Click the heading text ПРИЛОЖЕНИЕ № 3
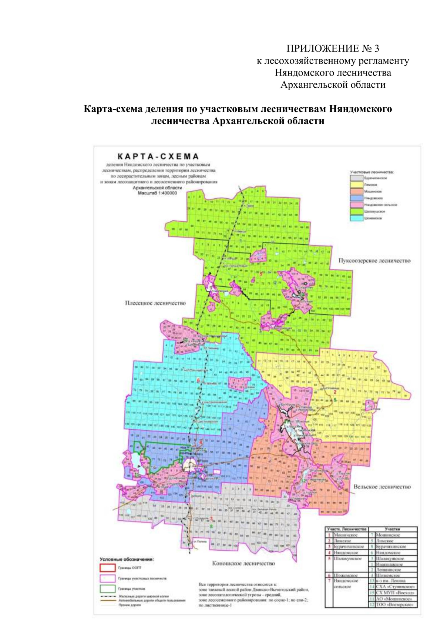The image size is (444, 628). click(x=333, y=48)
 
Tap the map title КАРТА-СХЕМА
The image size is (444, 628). click(x=158, y=157)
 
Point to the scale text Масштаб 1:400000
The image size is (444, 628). click(x=157, y=193)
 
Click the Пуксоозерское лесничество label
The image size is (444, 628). click(x=374, y=261)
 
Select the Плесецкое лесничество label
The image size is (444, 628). click(x=155, y=303)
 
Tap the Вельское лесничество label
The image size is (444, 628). click(x=382, y=487)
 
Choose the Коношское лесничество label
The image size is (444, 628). click(x=243, y=563)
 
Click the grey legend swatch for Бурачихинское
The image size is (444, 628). click(x=356, y=178)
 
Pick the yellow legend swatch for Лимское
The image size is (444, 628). click(x=356, y=185)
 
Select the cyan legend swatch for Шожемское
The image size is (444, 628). click(x=356, y=218)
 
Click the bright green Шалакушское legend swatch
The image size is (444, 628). click(x=356, y=211)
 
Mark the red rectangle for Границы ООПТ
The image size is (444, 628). click(x=107, y=568)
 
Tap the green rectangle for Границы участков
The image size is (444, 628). click(x=107, y=588)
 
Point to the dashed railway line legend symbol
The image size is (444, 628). click(x=108, y=597)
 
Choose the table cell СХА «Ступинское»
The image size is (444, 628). click(x=395, y=587)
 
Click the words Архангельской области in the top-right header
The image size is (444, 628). click(x=333, y=85)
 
